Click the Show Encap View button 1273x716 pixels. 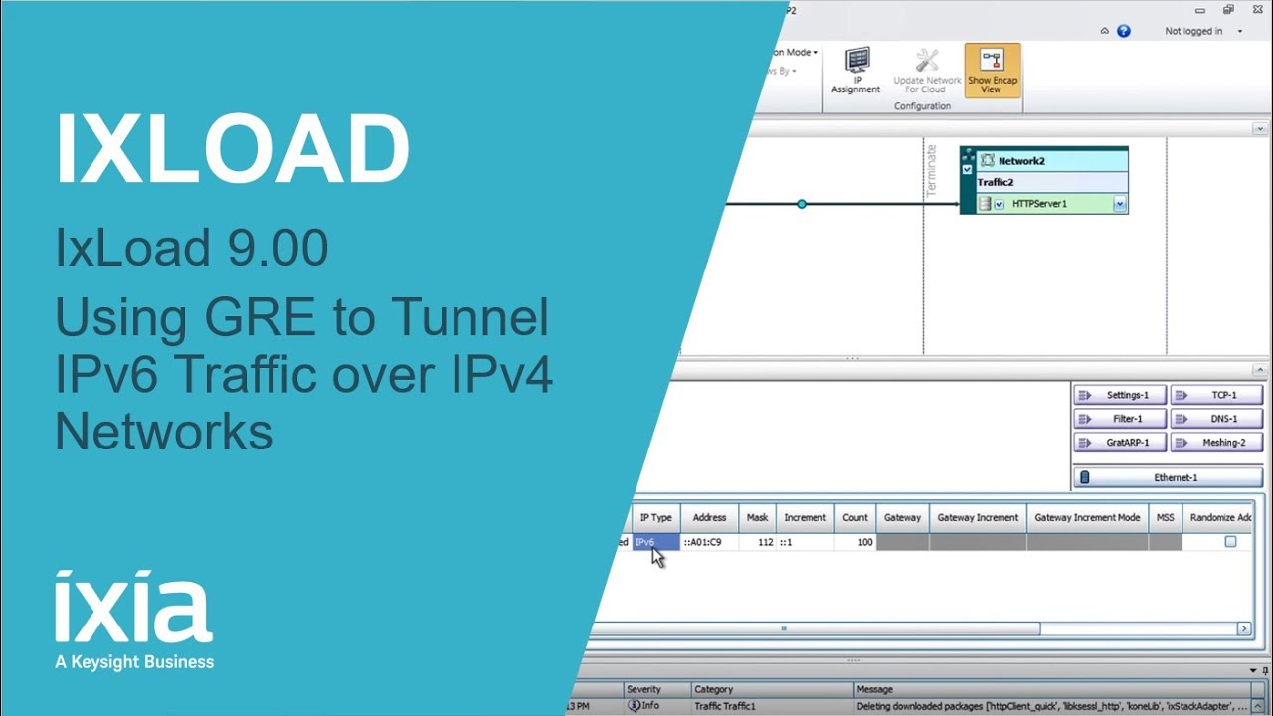coord(992,71)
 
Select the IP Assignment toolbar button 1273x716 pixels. coord(855,71)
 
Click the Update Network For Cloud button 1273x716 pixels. coord(927,71)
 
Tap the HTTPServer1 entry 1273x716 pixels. coord(1039,204)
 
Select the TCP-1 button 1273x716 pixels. coord(1216,395)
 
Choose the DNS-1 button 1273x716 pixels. coord(1216,419)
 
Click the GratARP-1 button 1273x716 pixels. coord(1120,443)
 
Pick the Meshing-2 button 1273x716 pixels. coord(1216,443)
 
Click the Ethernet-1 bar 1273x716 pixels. coord(1168,477)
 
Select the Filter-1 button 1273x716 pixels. coord(1120,419)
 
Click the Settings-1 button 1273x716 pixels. coord(1120,395)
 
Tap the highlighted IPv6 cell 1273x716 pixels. coord(655,542)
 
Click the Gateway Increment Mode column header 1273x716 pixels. coord(1087,517)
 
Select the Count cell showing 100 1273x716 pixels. coord(855,542)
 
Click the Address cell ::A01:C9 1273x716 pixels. coord(709,542)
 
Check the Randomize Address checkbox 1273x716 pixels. coord(1230,542)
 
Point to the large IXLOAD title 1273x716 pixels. coord(233,149)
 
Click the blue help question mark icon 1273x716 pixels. coord(1124,31)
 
